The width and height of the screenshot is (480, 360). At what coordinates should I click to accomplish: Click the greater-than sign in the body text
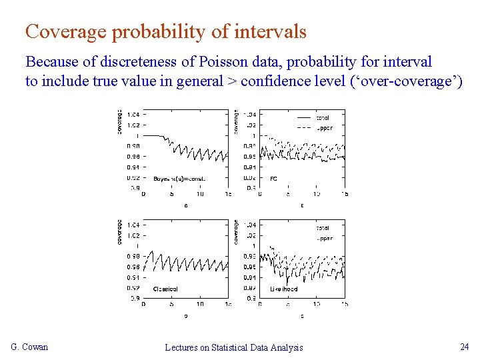[x=231, y=81]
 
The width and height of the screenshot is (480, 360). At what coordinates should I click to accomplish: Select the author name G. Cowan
[x=29, y=347]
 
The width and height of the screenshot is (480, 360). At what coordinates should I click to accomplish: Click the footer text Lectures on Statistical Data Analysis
[x=233, y=347]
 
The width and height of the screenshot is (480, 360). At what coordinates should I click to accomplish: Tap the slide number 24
[x=464, y=347]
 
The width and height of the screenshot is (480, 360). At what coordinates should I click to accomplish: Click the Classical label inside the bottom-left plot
[x=165, y=289]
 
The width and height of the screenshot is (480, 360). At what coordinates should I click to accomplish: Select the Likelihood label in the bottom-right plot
[x=284, y=289]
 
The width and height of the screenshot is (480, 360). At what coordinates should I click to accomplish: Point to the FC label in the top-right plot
[x=274, y=179]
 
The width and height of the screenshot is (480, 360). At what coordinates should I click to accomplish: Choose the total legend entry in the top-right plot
[x=323, y=118]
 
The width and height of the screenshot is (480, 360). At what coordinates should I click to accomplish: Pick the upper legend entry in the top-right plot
[x=324, y=127]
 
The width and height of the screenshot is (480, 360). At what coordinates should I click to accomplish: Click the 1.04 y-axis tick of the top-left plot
[x=133, y=115]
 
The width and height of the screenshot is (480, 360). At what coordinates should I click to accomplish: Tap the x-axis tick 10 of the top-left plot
[x=200, y=194]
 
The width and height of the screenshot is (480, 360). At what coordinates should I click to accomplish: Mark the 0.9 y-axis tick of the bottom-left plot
[x=135, y=298]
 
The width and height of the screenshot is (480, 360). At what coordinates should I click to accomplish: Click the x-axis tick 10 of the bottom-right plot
[x=316, y=305]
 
